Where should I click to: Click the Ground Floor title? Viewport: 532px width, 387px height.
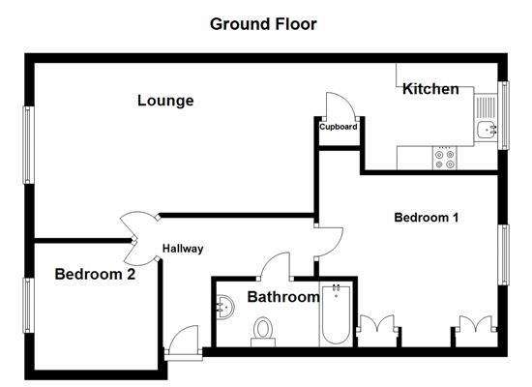point(263,22)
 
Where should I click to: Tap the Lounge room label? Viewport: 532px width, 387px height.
point(165,101)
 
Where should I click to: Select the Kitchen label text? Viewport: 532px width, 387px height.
point(430,89)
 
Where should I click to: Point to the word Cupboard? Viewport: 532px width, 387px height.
point(339,127)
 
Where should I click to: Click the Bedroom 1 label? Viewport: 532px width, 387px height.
point(426,218)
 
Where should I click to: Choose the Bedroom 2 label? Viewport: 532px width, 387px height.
point(94,274)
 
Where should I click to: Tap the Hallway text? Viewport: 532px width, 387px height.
point(183,249)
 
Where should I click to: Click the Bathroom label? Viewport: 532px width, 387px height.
point(283,297)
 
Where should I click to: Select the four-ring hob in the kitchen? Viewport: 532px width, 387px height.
point(446,158)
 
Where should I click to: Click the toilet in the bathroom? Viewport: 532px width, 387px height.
point(262,333)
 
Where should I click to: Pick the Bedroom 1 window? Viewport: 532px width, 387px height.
point(502,253)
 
